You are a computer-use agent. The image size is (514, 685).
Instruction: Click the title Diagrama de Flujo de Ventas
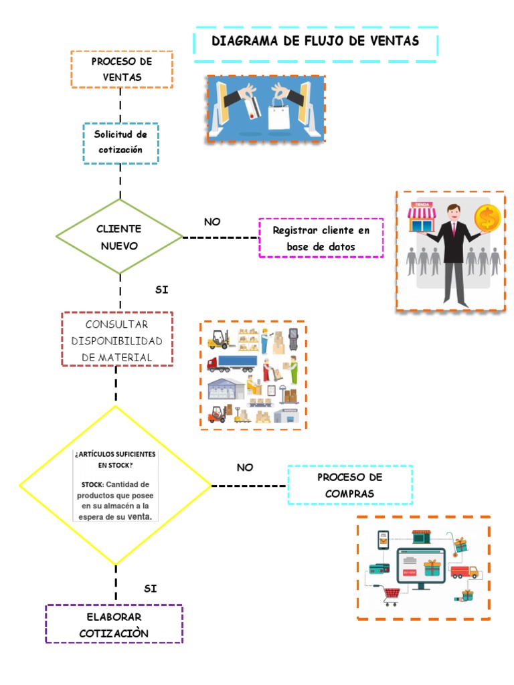[x=315, y=41]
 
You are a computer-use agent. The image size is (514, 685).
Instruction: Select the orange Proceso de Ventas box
[x=122, y=70]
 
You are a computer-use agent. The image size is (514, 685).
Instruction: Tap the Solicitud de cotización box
[x=120, y=143]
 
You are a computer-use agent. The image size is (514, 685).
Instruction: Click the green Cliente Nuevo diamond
[x=119, y=236]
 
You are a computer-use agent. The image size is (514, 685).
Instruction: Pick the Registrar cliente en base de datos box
[x=321, y=238]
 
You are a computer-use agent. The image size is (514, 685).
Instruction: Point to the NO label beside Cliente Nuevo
[x=212, y=222]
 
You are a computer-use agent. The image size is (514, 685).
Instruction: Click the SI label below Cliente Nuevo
[x=162, y=290]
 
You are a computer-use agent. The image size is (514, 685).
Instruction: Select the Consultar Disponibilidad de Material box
[x=117, y=339]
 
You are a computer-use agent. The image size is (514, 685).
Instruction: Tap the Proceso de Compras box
[x=350, y=485]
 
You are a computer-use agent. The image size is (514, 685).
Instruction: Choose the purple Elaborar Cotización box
[x=114, y=624]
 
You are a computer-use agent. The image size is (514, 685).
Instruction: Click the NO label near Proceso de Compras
[x=245, y=468]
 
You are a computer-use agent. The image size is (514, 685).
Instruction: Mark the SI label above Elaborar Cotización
[x=151, y=589]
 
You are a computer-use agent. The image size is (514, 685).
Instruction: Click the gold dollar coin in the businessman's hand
[x=487, y=218]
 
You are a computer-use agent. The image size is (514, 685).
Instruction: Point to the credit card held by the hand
[x=252, y=108]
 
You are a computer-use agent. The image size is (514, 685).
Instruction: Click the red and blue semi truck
[x=232, y=363]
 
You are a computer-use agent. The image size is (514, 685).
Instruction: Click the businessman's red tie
[x=454, y=229]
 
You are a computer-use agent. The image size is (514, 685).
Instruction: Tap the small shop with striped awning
[x=422, y=217]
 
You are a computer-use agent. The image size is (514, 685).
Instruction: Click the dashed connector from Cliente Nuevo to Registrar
[x=221, y=237]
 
